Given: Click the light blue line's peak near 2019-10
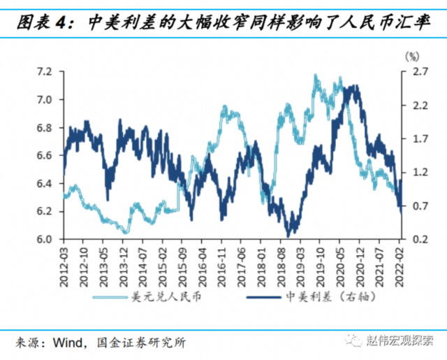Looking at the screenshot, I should click(x=316, y=75).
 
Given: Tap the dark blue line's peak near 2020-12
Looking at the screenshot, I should click(x=355, y=87).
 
